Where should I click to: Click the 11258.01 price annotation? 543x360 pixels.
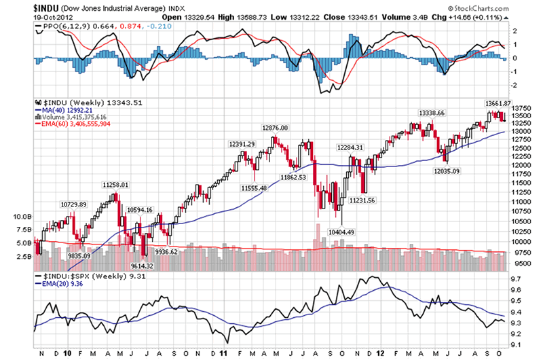coord(115,184)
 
